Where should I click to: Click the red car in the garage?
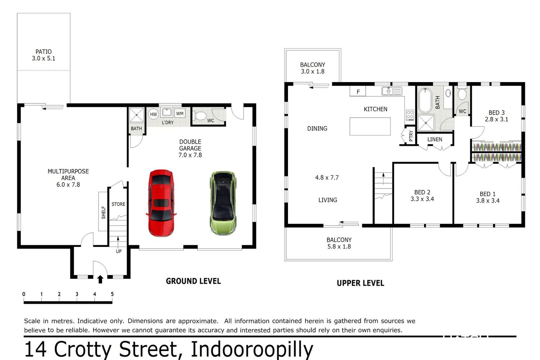coord(161,203)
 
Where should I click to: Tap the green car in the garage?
coord(223,203)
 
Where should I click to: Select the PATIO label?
coord(44,51)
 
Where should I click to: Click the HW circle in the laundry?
coord(153,114)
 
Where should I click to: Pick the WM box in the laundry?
coord(180,113)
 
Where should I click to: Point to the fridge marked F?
coord(358,92)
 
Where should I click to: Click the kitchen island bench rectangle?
coord(370,126)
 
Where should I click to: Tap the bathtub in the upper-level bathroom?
coord(425,100)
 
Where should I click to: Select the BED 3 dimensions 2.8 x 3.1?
coord(496,120)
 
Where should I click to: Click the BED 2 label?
coord(422,192)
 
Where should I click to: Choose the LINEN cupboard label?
coord(435,139)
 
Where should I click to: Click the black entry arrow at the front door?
coord(100,279)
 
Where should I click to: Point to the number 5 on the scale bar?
coord(112,294)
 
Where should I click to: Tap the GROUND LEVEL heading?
coord(193,281)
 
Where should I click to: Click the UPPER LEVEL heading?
coord(360,283)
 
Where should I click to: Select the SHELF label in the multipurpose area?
coord(104,212)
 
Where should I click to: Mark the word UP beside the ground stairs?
coord(118,251)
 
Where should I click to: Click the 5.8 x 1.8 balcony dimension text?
coord(339,247)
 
